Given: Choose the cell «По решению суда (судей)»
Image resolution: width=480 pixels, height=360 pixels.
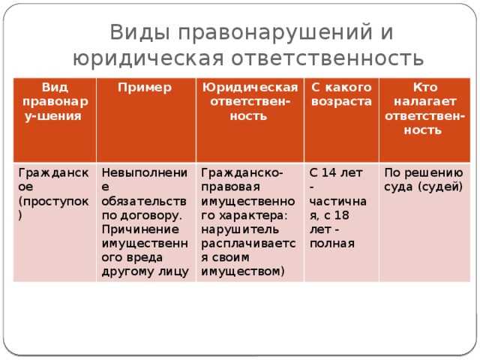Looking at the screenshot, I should click(422, 178).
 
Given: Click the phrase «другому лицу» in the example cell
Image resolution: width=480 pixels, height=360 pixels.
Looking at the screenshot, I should click(145, 270).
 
